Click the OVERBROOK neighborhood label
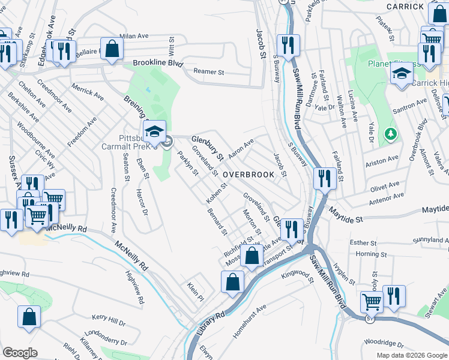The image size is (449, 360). point(249,175)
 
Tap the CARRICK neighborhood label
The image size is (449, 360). point(405,6)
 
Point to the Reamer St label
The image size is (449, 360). point(208,72)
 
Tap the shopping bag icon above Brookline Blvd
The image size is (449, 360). point(112,48)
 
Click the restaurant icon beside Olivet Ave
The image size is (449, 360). point(324,178)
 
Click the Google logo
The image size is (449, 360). point(20,353)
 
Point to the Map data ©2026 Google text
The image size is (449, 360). point(412,355)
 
